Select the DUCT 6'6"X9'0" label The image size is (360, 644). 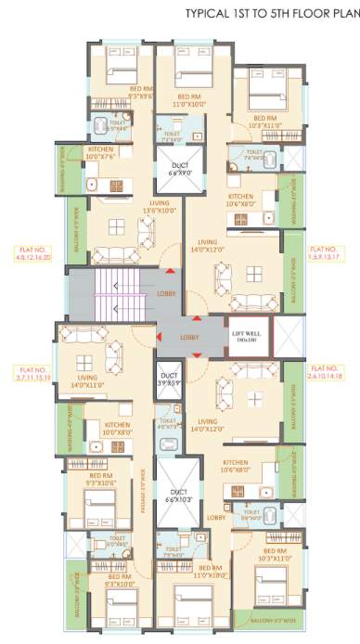tap(180, 169)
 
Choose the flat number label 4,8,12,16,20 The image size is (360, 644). tap(32, 252)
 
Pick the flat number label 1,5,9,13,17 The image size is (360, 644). tap(327, 252)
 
